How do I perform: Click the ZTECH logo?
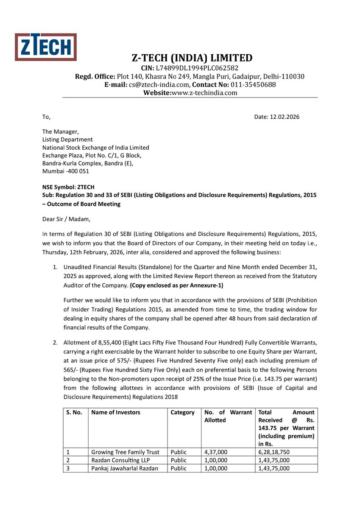(x=46, y=47)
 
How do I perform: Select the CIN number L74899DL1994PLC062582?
(x=197, y=68)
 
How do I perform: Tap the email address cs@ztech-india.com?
(x=160, y=84)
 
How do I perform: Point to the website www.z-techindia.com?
(x=205, y=92)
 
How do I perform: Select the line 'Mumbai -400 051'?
(x=66, y=171)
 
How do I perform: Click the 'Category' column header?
(x=183, y=412)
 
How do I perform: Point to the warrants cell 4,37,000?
(x=216, y=452)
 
